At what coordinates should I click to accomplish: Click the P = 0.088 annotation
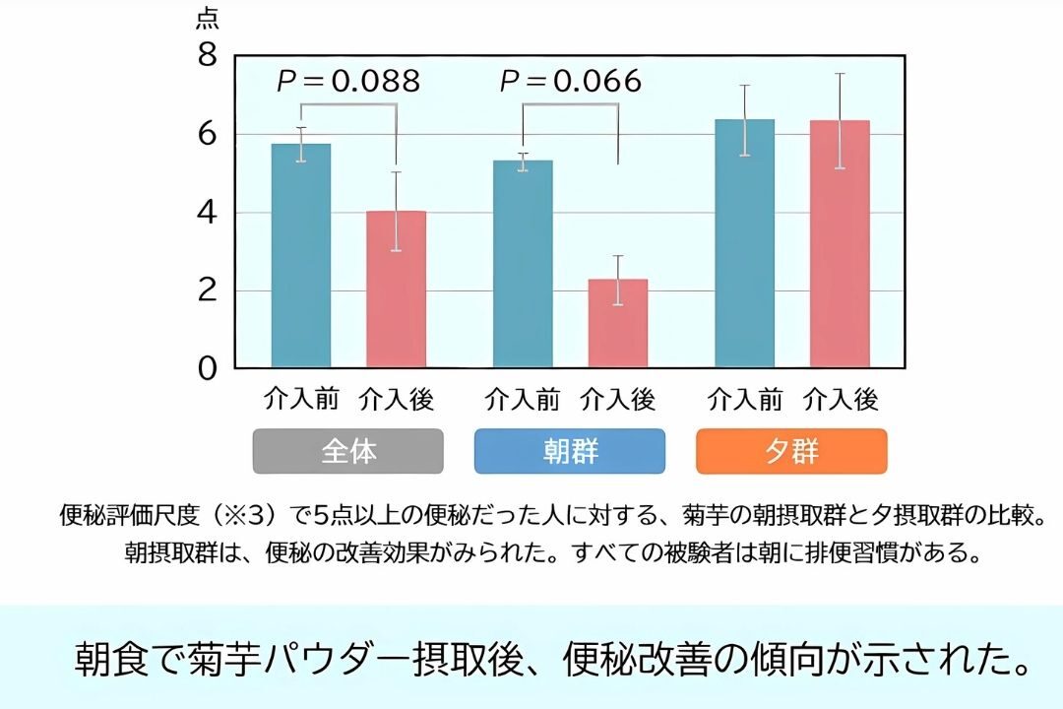click(x=348, y=81)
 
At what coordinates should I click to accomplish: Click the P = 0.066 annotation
click(x=571, y=81)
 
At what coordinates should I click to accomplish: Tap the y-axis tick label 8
click(x=207, y=56)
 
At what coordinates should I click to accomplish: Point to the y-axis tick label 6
click(x=207, y=134)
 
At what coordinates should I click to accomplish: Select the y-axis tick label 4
click(x=207, y=213)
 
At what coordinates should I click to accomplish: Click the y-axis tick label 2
click(x=207, y=291)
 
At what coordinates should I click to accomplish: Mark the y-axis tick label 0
click(x=207, y=369)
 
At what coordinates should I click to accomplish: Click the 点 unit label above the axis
click(x=208, y=19)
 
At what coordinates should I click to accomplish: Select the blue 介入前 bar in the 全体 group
click(x=301, y=256)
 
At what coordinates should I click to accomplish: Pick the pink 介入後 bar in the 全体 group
click(x=396, y=290)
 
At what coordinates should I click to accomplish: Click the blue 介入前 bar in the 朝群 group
click(x=523, y=264)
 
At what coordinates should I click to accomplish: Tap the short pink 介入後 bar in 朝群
click(x=618, y=324)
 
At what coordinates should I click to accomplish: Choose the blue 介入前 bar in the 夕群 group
click(x=745, y=244)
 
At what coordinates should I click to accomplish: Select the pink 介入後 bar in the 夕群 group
click(x=840, y=244)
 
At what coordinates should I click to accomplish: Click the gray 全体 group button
click(x=348, y=451)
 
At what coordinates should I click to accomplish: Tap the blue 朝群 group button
click(x=570, y=451)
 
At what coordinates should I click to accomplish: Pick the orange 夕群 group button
click(x=791, y=451)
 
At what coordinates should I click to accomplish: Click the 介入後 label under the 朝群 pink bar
click(x=618, y=400)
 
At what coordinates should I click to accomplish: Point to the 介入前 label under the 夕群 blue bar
click(x=745, y=400)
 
